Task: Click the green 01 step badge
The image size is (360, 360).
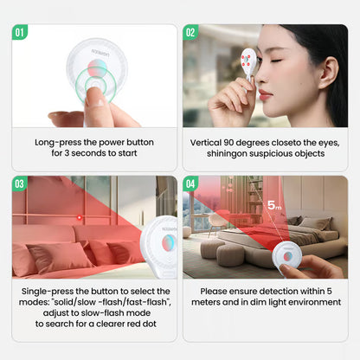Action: [x=20, y=32]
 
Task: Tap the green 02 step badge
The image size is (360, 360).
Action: [x=190, y=32]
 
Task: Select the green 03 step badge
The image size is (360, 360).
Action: [x=20, y=183]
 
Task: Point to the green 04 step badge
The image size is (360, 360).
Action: [x=190, y=183]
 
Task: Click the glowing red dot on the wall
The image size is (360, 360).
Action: [x=80, y=217]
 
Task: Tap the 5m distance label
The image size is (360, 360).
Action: [x=274, y=205]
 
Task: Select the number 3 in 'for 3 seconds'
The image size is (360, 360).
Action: [x=67, y=153]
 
